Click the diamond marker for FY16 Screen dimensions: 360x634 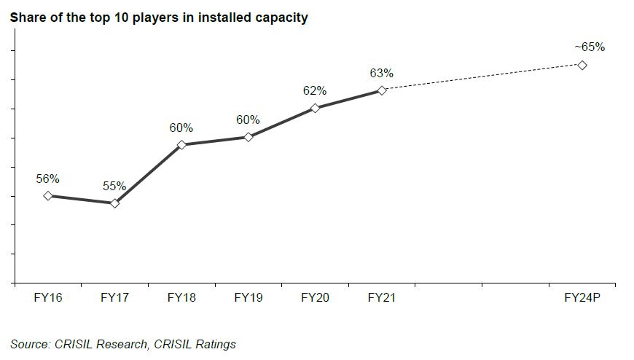[48, 195]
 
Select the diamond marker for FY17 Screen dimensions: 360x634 [114, 203]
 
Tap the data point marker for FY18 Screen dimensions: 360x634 [181, 144]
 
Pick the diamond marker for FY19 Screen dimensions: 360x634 [248, 137]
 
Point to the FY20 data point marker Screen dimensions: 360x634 [315, 108]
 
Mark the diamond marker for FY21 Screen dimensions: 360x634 [381, 90]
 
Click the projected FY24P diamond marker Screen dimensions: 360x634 [582, 65]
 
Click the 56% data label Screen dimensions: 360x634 [47, 179]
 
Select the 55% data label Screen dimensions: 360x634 [114, 187]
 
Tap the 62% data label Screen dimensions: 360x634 [315, 91]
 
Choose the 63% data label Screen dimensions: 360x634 [381, 73]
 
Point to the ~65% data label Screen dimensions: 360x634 [589, 47]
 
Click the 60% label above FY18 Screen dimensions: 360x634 [181, 128]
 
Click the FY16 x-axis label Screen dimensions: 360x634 [47, 297]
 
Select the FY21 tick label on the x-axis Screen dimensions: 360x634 [381, 297]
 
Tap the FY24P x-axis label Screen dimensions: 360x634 [582, 297]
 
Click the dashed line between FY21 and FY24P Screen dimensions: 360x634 [481, 78]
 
